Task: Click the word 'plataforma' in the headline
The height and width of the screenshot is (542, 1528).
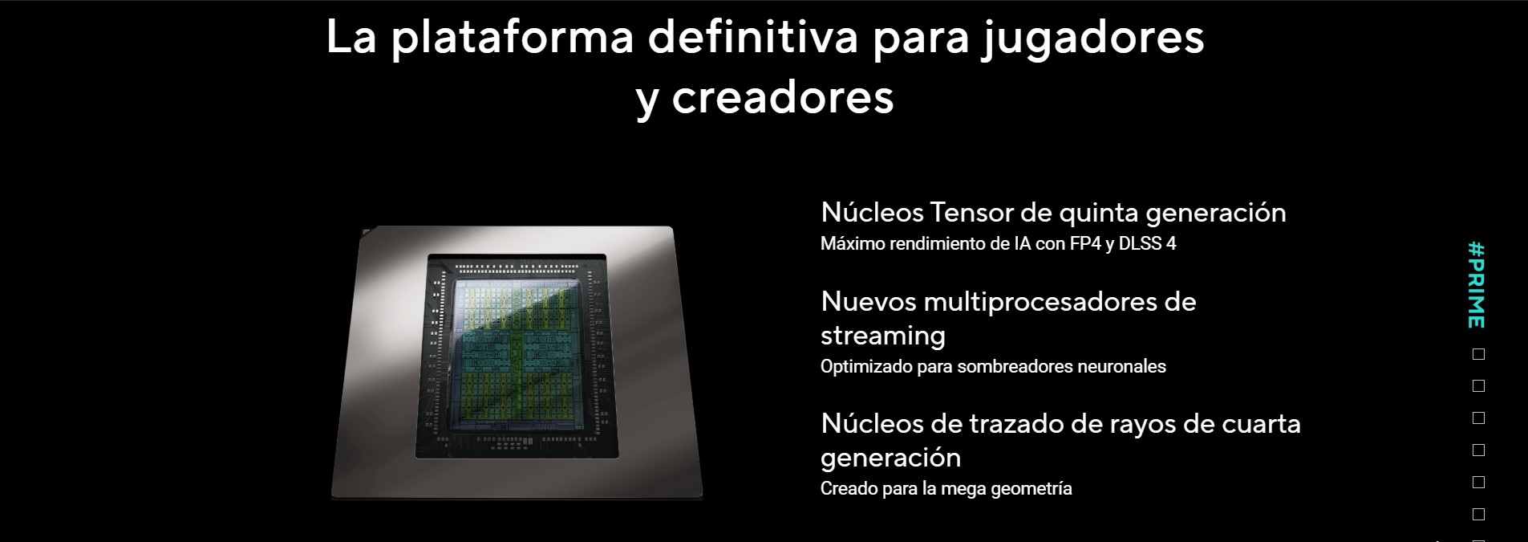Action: (513, 37)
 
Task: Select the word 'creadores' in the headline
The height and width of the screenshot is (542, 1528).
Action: (783, 98)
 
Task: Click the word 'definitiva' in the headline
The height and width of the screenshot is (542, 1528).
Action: (753, 37)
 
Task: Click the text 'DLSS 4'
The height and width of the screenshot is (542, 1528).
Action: (1147, 243)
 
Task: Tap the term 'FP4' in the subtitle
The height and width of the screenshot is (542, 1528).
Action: (1085, 243)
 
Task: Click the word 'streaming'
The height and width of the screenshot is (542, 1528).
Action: (883, 336)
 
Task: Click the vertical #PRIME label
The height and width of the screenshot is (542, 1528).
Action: (1477, 285)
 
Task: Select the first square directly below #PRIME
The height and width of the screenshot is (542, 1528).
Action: (1479, 354)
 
